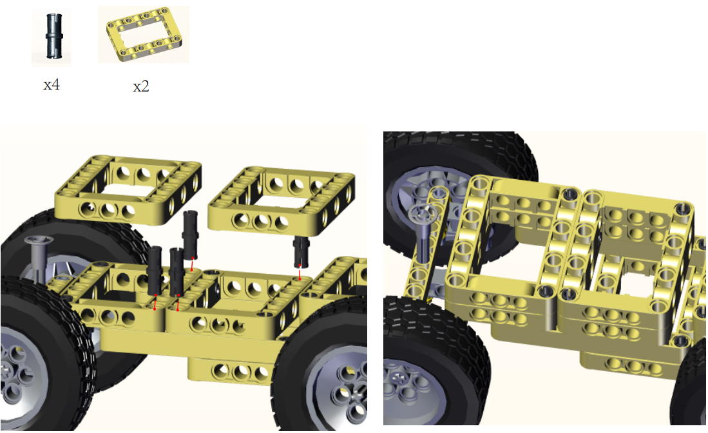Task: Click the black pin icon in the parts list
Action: coord(53,36)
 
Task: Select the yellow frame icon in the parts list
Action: coord(144,35)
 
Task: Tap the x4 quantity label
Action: coord(52,84)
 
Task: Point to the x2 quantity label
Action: coord(141,86)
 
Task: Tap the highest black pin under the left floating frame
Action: coord(191,235)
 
